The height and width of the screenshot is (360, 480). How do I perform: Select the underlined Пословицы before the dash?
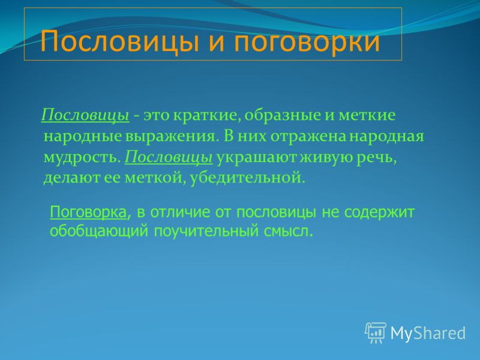(x=85, y=116)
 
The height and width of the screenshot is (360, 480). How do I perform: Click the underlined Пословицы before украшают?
(x=169, y=158)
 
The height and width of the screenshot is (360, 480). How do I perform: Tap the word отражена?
(x=308, y=137)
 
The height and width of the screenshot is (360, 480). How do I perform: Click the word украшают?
(x=257, y=158)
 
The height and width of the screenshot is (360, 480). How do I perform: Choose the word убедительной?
(x=248, y=178)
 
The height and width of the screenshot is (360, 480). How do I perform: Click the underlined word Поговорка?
(x=88, y=212)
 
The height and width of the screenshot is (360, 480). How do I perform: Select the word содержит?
(x=379, y=212)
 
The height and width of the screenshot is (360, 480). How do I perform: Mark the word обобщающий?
(x=99, y=231)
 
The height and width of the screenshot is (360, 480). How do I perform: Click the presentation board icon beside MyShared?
(x=376, y=333)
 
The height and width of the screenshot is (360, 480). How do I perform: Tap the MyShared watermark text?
(x=428, y=333)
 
